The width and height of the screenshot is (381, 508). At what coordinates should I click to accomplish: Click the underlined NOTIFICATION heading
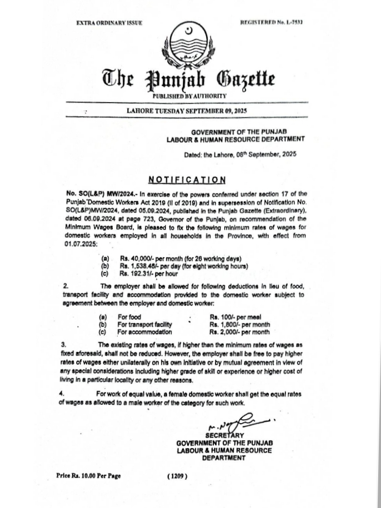pyautogui.click(x=187, y=179)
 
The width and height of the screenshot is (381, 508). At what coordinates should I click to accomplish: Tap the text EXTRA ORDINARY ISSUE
pyautogui.click(x=109, y=23)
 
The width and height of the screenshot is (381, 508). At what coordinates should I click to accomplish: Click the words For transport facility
pyautogui.click(x=144, y=324)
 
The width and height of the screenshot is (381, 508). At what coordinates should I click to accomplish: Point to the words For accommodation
pyautogui.click(x=144, y=332)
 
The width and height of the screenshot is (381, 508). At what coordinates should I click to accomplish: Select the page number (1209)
pyautogui.click(x=177, y=476)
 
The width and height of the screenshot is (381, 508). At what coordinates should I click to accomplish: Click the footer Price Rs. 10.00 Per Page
pyautogui.click(x=88, y=476)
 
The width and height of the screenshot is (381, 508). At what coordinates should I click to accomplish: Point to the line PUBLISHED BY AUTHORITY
pyautogui.click(x=190, y=96)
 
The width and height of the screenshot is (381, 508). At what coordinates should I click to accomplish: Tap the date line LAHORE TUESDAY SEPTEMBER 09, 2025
pyautogui.click(x=187, y=110)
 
